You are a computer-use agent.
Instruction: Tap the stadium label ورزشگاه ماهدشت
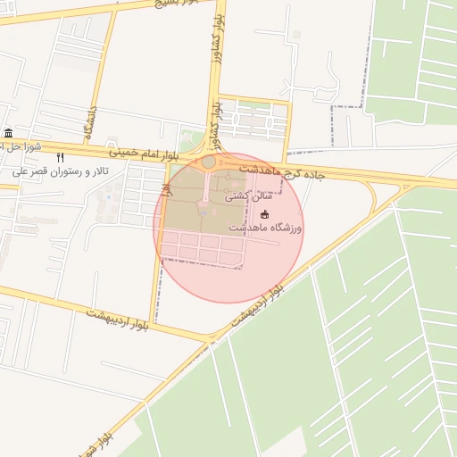(x=266, y=228)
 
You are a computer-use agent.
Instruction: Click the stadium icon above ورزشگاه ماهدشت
(x=263, y=214)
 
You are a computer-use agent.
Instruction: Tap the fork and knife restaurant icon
(x=61, y=156)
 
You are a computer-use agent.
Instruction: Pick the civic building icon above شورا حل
(x=8, y=133)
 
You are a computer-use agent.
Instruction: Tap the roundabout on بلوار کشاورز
(x=209, y=162)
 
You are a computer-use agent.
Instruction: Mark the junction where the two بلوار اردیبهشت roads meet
(x=211, y=339)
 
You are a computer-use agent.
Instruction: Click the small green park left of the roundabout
(x=189, y=142)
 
